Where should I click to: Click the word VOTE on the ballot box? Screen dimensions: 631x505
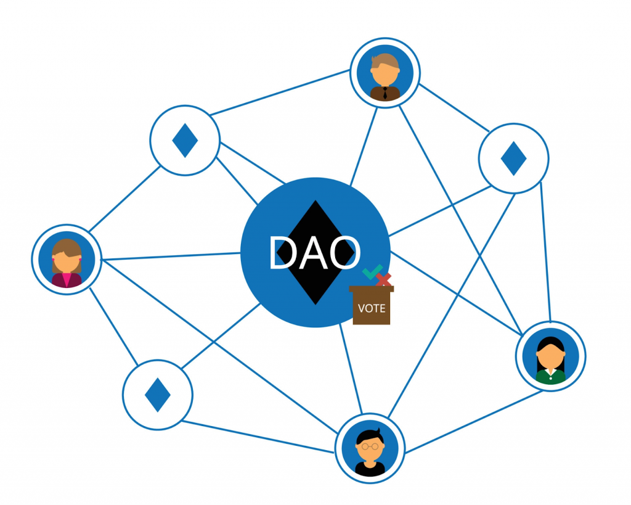(372, 308)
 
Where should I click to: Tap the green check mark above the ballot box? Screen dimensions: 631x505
(372, 273)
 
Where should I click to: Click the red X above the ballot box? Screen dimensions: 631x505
(384, 279)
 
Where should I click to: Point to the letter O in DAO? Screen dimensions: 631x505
(344, 253)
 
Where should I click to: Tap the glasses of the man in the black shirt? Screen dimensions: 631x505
(370, 446)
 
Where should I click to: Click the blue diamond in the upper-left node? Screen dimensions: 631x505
(185, 140)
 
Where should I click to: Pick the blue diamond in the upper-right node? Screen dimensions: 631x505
(513, 158)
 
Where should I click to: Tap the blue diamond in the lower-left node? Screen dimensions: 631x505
(158, 395)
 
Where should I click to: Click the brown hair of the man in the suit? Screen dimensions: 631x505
(385, 62)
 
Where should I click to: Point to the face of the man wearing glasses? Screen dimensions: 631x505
(370, 448)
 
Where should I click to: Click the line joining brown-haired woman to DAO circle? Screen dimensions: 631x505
(171, 256)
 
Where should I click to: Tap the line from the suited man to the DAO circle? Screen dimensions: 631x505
(364, 147)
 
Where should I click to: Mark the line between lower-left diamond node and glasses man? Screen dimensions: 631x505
(258, 437)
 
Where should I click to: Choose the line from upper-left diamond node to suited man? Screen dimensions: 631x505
(280, 92)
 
